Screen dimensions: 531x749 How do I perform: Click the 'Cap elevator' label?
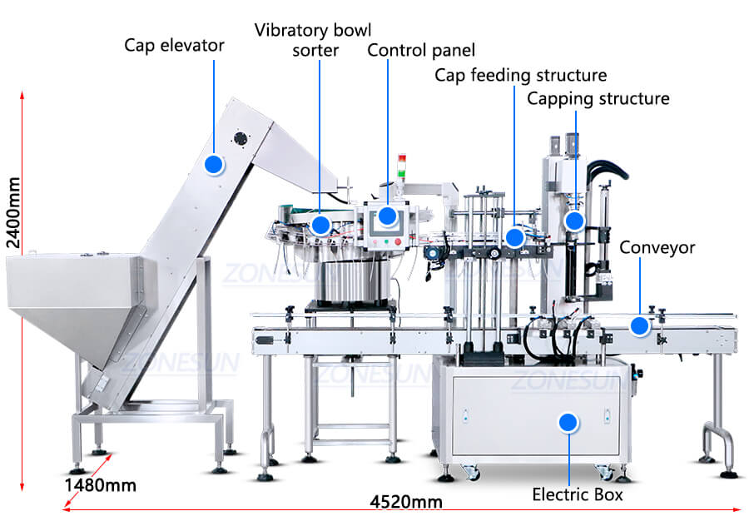tap(174, 45)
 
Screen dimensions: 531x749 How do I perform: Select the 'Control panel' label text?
tap(421, 50)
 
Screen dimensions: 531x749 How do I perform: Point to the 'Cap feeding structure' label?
tap(520, 76)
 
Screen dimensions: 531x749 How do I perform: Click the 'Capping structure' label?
tap(598, 99)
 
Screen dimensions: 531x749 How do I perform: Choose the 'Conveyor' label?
tap(657, 247)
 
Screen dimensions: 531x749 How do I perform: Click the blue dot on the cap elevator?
tap(214, 164)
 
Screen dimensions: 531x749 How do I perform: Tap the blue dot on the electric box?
tap(568, 423)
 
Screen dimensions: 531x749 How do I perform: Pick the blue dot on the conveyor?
tap(639, 325)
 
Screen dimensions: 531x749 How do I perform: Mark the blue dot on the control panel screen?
tap(387, 216)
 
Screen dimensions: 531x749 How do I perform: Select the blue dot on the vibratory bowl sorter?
tap(320, 225)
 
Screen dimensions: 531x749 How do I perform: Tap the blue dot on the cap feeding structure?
tap(514, 238)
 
